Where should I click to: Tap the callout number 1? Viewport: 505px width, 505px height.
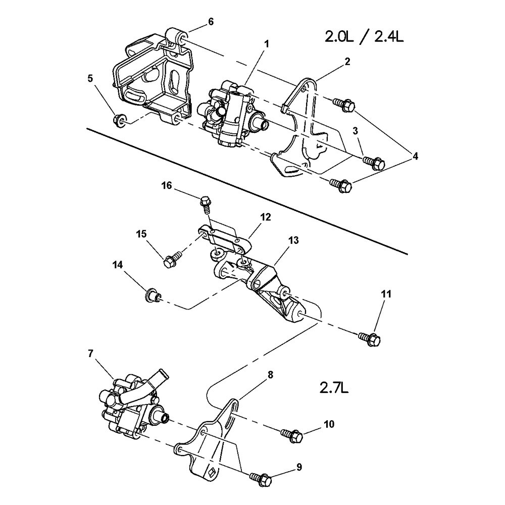266,44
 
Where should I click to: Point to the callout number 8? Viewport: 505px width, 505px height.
271,375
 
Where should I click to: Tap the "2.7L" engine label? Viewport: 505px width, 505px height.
334,388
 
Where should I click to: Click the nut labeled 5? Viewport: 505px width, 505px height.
121,121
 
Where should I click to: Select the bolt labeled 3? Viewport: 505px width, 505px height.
374,163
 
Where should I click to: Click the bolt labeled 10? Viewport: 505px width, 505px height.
291,434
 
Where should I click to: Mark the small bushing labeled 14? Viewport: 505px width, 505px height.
152,295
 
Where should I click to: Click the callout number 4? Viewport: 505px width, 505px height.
415,157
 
